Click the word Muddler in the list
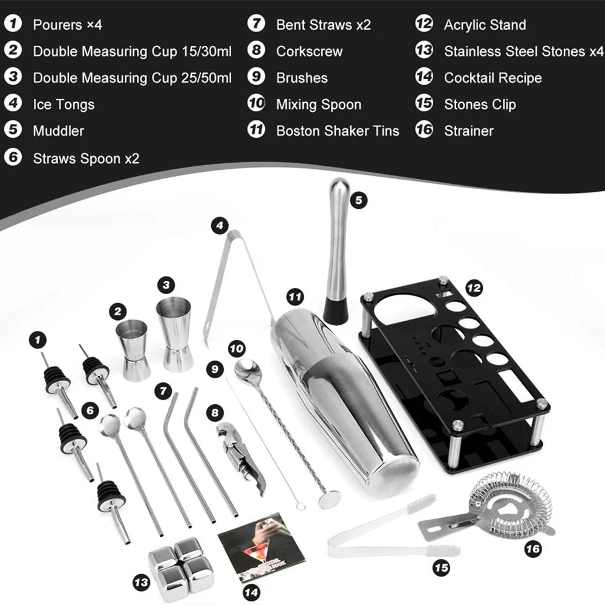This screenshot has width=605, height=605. [58, 131]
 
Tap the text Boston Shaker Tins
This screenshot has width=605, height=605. [338, 131]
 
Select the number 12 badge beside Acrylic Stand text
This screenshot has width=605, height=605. [424, 25]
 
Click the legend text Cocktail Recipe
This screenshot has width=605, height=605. [492, 78]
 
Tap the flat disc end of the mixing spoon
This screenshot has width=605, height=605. [328, 499]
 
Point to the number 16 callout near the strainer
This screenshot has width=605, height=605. [532, 549]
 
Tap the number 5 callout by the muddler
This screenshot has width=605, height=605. [359, 200]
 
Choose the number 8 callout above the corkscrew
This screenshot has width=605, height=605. [214, 413]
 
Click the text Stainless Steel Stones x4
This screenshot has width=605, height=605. [523, 51]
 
